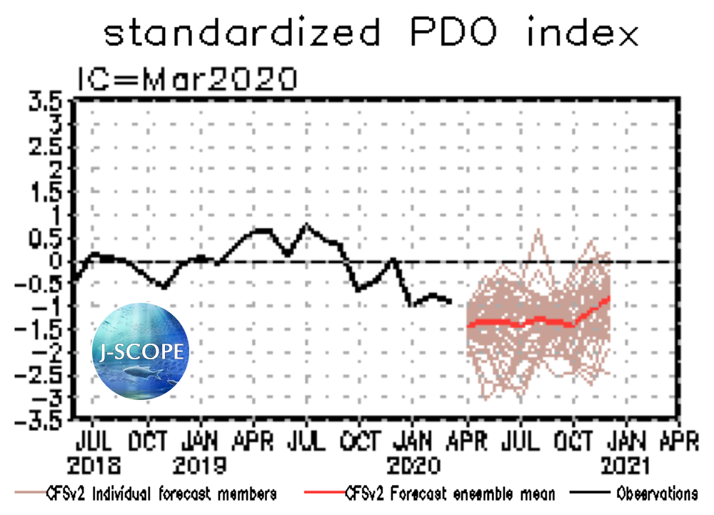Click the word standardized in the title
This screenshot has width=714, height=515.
[241, 32]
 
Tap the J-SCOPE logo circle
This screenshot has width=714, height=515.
[141, 350]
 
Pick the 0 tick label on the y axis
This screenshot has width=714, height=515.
[59, 261]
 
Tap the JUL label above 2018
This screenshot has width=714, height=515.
[93, 441]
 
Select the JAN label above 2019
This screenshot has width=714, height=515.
[201, 441]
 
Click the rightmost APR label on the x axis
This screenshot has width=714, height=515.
[678, 441]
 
